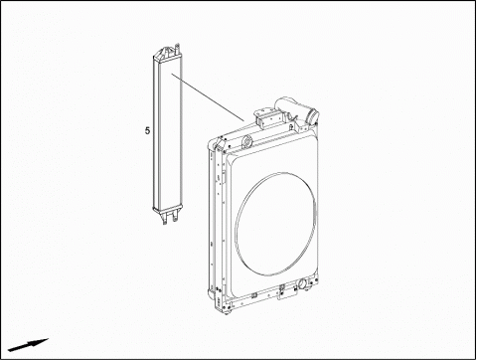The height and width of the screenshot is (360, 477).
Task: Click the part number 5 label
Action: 147,130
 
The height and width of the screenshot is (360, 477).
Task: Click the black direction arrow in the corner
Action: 28,345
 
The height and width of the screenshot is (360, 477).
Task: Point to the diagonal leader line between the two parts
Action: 208,97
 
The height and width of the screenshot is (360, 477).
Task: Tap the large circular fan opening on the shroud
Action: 276,224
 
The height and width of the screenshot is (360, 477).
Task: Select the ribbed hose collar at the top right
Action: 313,117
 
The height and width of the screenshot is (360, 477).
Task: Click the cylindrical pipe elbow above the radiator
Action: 291,106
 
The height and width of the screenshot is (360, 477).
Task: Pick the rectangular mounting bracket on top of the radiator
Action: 267,119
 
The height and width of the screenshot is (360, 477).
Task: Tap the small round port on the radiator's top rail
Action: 246,141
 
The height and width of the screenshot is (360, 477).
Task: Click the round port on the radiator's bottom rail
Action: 303,284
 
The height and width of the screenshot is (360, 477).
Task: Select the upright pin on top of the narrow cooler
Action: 177,49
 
